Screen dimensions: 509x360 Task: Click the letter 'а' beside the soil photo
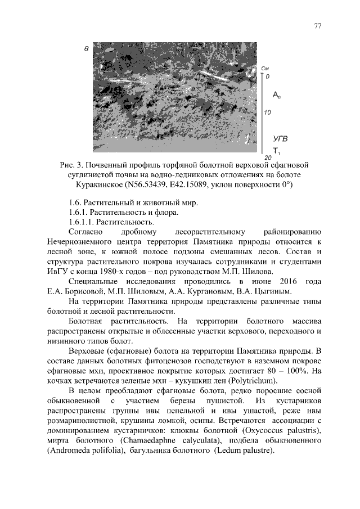click(86, 49)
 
